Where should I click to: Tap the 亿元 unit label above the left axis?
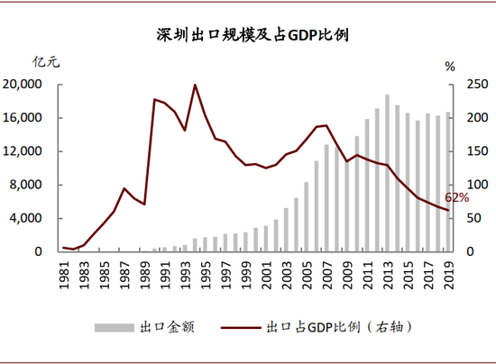[x=46, y=62]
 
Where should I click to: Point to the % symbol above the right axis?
[x=450, y=65]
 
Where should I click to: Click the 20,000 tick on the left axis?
[x=24, y=85]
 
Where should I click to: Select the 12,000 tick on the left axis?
[x=24, y=151]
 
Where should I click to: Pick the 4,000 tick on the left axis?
[x=28, y=218]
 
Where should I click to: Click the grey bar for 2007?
[x=326, y=198]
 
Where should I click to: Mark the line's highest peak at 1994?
[x=195, y=85]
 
